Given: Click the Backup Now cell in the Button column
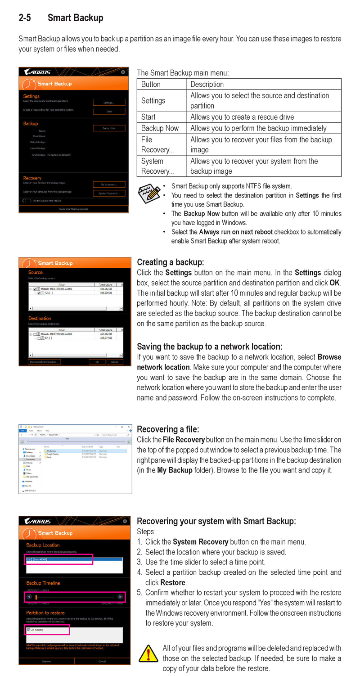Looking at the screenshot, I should tap(160, 128).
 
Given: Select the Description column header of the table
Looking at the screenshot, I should tap(207, 84).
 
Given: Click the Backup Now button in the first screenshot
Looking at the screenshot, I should tap(109, 128).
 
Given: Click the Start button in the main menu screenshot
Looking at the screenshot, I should tap(109, 111).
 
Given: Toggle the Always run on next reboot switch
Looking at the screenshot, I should tap(27, 201).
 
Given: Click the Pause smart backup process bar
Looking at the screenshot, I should tap(73, 209).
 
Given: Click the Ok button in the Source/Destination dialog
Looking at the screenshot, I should tap(97, 362).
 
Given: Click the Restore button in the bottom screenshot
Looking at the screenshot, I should tap(46, 661).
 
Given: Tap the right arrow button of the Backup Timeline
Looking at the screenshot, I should tap(120, 597).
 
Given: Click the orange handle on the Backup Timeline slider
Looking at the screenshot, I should tap(36, 597).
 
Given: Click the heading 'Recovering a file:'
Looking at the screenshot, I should tap(168, 429).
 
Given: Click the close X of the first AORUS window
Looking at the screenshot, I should tap(123, 72).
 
